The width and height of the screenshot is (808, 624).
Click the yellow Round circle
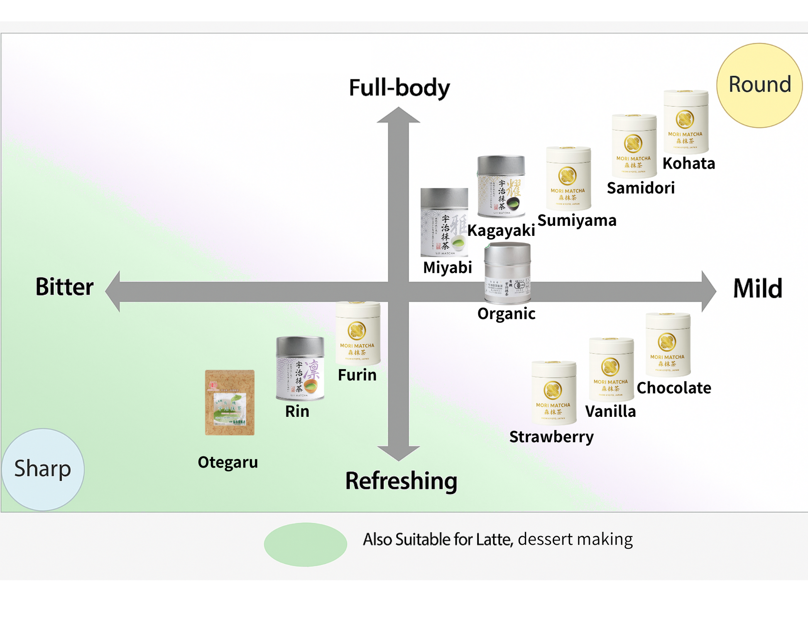coord(759,85)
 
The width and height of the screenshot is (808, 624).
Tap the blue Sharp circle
coord(43,469)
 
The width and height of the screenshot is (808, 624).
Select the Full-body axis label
coord(399,88)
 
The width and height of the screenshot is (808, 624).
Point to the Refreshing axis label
coord(401,481)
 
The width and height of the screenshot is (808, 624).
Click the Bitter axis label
coord(64,287)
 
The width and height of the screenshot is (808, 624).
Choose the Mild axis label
coord(757,288)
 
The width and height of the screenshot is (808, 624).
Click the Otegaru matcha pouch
coord(230,402)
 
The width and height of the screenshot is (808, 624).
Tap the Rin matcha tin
coord(300,368)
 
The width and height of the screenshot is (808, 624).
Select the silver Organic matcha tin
coord(507,273)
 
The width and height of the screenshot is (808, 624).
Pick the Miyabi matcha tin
coord(444,222)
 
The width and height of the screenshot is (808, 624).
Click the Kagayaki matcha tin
coord(501,186)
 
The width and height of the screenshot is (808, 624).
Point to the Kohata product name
coord(688,164)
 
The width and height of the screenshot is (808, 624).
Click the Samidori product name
coord(640,188)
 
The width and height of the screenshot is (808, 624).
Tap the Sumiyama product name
coord(577,220)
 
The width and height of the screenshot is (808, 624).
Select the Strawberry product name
coord(551,437)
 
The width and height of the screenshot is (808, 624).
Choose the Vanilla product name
coord(610,411)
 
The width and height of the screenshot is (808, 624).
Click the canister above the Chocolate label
coord(668,345)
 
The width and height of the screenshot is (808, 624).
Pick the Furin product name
coord(357,375)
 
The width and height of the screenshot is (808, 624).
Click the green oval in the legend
coord(305,544)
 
